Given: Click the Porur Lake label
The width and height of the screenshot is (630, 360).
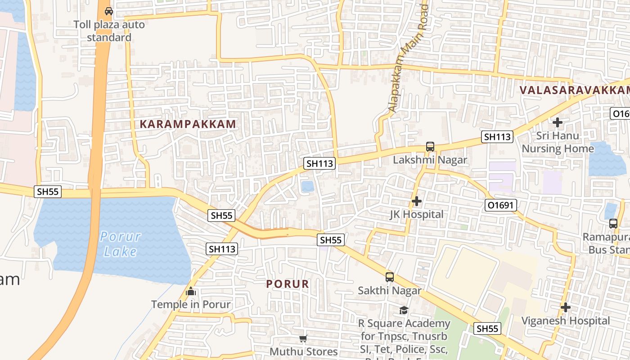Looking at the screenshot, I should [x=120, y=243].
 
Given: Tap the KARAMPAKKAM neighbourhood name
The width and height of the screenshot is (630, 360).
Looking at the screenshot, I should [x=188, y=124].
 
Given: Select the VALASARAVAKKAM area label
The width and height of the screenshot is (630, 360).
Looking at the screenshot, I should [x=574, y=90].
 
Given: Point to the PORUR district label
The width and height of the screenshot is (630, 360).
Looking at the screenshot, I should [x=288, y=284].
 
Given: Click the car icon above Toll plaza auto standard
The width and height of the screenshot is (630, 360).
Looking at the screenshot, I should [x=108, y=11].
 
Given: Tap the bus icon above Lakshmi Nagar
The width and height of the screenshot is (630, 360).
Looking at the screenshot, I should [x=430, y=147].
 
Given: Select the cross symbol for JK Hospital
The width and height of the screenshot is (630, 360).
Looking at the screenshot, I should [x=417, y=201].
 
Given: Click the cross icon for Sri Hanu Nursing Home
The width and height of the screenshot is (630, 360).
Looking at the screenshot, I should [x=558, y=122].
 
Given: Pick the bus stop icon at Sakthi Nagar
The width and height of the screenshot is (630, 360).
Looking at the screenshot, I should [x=390, y=277].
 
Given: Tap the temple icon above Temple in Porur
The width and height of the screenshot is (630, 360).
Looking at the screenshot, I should [x=191, y=291].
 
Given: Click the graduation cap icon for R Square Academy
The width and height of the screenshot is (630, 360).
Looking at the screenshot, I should [x=404, y=310].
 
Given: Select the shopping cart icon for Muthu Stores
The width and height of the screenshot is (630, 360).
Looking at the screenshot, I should [x=303, y=338].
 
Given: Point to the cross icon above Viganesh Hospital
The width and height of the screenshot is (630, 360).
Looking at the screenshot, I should [x=566, y=308].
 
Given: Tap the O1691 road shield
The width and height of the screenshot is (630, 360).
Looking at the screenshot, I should [x=501, y=206].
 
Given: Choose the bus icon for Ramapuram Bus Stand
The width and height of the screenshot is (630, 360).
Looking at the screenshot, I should [x=613, y=223].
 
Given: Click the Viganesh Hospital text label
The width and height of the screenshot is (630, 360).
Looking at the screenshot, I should [x=566, y=321].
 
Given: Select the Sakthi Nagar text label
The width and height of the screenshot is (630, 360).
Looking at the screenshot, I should [x=390, y=290].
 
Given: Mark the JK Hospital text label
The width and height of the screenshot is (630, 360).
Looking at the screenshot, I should [x=417, y=214].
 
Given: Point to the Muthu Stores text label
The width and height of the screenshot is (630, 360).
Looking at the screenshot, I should [x=303, y=351].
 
